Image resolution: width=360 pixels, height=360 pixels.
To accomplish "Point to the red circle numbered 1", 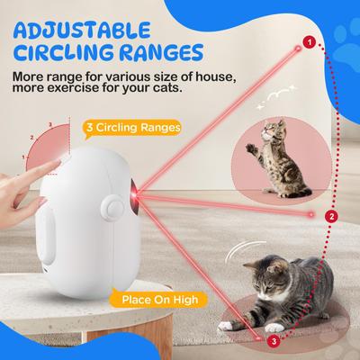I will click(x=310, y=41).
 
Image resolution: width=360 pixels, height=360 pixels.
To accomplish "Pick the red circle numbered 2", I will click(x=332, y=216).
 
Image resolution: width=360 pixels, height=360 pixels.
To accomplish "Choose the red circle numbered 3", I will click(x=274, y=340).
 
